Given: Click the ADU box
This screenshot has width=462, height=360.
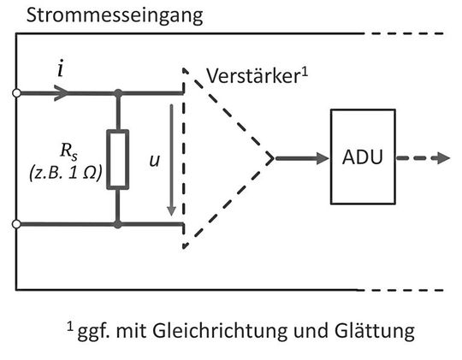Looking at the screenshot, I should pos(362,158).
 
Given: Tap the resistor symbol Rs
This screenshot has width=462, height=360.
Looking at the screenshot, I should pos(118,158).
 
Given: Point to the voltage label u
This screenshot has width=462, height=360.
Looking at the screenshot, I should pos(154,160).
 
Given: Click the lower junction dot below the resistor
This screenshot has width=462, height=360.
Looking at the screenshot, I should pos(118,224).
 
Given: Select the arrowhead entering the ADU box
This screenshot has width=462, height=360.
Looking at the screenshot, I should pos(323,158).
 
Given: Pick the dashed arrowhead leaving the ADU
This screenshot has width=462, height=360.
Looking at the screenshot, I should pos(441,158).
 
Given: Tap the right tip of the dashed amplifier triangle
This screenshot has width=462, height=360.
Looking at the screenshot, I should pos(272,158).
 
